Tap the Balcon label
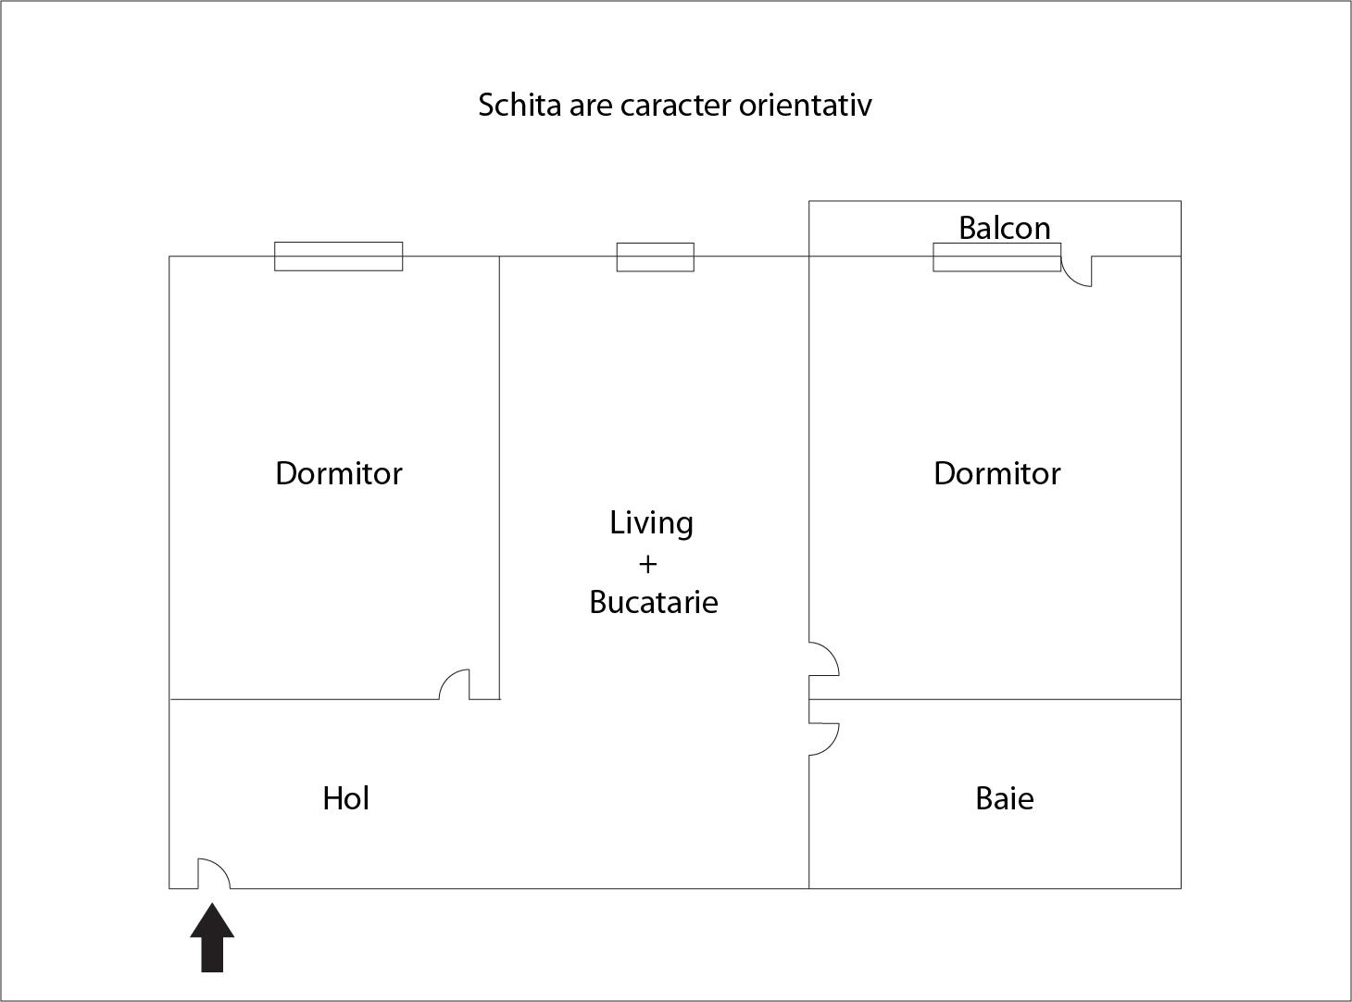(x=1004, y=228)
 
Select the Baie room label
(x=1004, y=798)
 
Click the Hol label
(x=345, y=798)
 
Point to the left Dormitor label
(x=339, y=473)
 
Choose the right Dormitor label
(x=996, y=473)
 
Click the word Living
(x=651, y=523)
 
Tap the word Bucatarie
(x=654, y=602)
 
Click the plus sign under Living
(x=647, y=563)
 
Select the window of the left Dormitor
(x=339, y=257)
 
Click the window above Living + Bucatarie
(x=656, y=257)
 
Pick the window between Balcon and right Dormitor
(x=996, y=257)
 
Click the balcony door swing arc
(x=1075, y=272)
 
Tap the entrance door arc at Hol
(x=215, y=872)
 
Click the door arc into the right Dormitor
(x=825, y=658)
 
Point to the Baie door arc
(x=825, y=738)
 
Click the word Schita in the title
(x=507, y=105)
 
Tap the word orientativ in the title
(x=805, y=105)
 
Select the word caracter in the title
(x=675, y=105)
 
